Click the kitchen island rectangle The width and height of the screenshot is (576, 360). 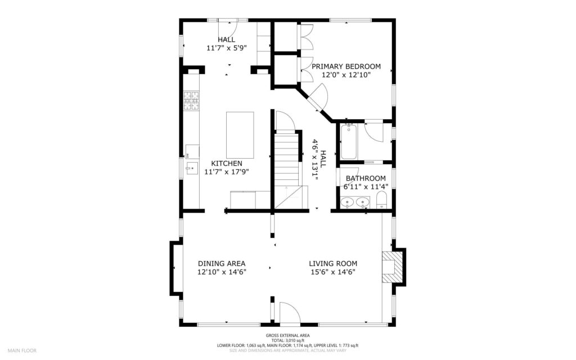[240, 135]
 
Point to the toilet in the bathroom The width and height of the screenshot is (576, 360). [381, 200]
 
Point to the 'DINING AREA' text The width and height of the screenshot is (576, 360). [222, 263]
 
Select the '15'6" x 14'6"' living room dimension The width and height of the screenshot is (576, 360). [333, 272]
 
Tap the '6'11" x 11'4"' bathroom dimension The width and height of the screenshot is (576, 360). [365, 187]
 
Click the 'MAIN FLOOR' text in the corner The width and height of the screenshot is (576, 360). [22, 350]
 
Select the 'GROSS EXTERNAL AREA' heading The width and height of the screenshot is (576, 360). [288, 336]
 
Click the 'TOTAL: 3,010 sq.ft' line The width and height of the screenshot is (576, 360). [288, 340]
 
